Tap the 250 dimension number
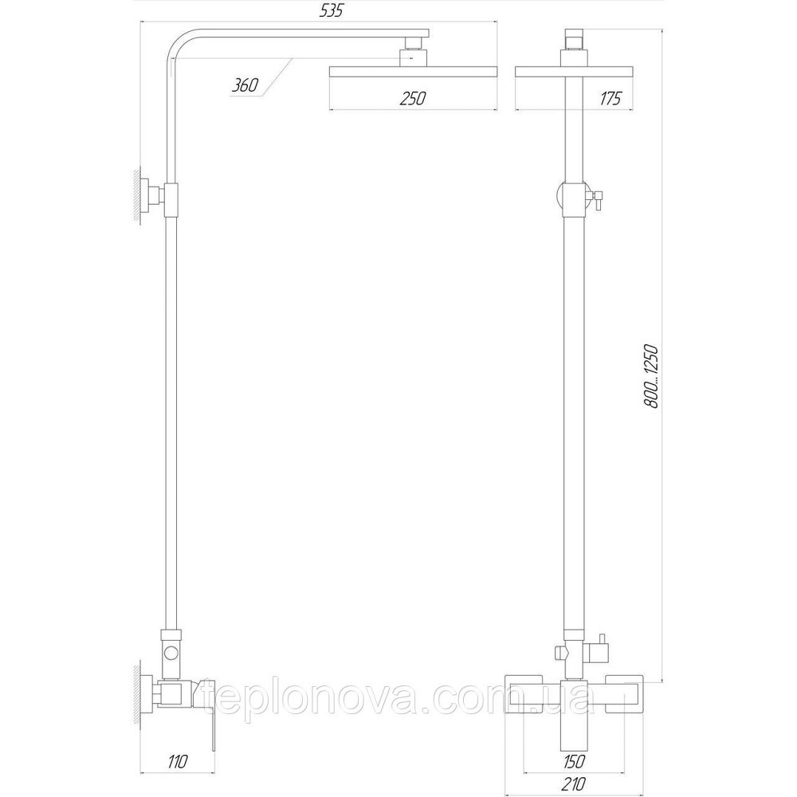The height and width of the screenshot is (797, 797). click(414, 98)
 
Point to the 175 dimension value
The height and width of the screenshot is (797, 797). click(611, 98)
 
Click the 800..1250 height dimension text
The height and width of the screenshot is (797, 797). click(651, 377)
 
